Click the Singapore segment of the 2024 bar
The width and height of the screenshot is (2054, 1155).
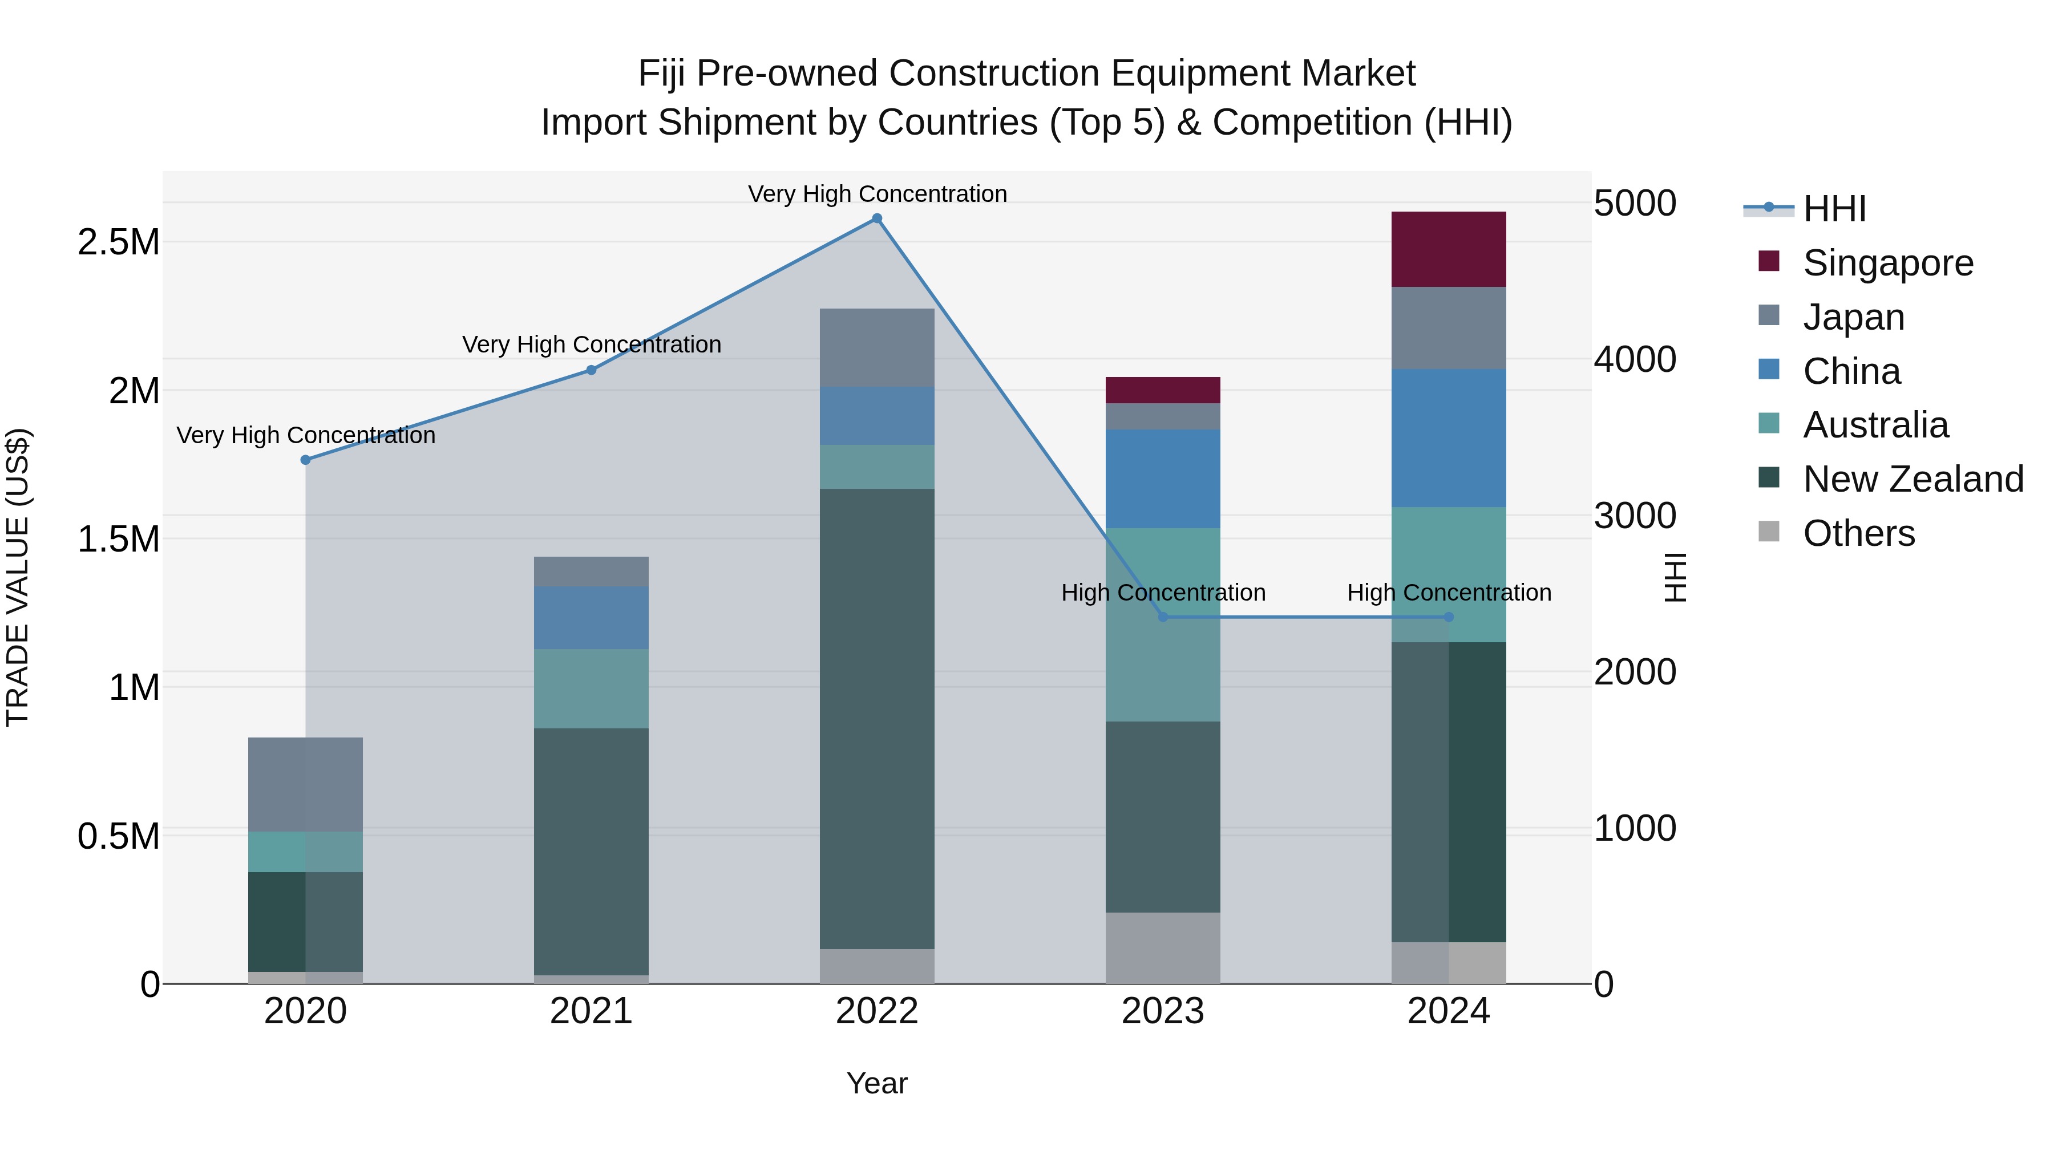point(1448,249)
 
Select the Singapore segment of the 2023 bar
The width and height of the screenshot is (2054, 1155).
point(1163,390)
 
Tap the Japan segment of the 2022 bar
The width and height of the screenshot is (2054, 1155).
point(876,347)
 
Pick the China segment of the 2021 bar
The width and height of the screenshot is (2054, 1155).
point(591,618)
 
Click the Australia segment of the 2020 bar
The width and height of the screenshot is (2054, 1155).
point(305,852)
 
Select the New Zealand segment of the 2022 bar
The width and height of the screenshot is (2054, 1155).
point(876,718)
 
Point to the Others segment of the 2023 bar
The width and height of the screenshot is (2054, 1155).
point(1163,947)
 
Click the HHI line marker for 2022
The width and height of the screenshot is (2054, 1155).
point(876,218)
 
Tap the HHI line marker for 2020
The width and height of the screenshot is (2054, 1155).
point(305,460)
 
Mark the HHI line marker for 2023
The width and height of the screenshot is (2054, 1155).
point(1163,617)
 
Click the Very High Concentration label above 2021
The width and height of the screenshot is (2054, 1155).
point(591,345)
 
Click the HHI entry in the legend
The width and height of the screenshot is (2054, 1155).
point(1833,209)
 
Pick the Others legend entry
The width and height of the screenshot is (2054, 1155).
point(1858,533)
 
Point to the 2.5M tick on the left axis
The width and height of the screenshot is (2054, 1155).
point(118,241)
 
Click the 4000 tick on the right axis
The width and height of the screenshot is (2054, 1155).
point(1634,359)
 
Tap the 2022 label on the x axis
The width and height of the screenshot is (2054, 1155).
point(876,1011)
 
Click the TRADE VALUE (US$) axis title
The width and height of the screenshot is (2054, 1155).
point(18,577)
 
